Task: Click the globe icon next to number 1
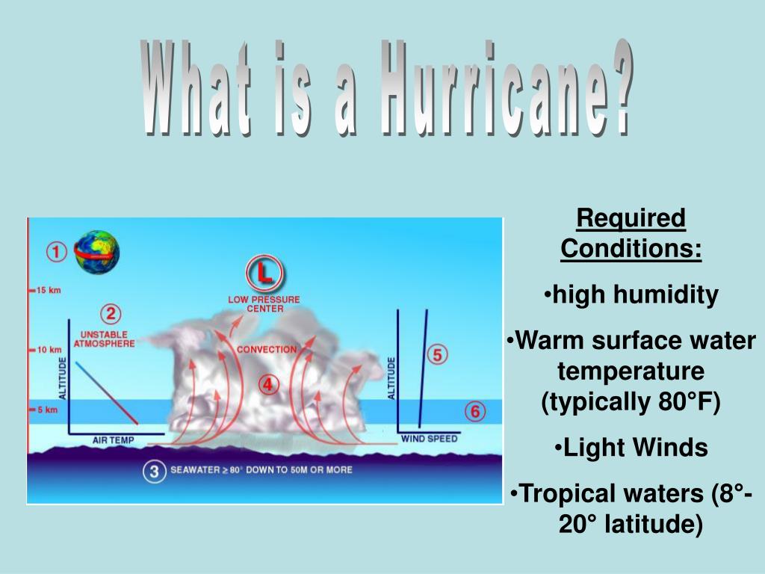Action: coord(96,252)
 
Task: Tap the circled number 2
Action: coord(110,314)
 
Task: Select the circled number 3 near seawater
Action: coord(154,472)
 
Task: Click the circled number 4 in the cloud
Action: coord(269,385)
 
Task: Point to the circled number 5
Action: coord(438,354)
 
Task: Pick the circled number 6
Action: coord(475,411)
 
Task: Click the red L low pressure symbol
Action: coord(264,275)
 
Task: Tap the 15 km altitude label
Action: coord(46,290)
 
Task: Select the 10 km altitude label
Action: coord(46,350)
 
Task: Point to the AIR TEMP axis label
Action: coord(113,441)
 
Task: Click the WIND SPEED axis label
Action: coord(430,439)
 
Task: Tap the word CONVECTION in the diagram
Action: coord(267,350)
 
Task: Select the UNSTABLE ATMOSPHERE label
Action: coord(104,339)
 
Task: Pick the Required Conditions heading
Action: coord(631,234)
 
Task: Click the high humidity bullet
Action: coord(631,294)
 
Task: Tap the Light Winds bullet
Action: coord(631,448)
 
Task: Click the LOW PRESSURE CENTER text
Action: coord(264,304)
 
